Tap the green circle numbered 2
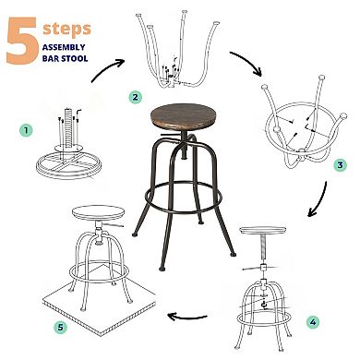[135, 96]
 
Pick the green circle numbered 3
[339, 163]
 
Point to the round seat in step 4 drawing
[267, 233]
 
